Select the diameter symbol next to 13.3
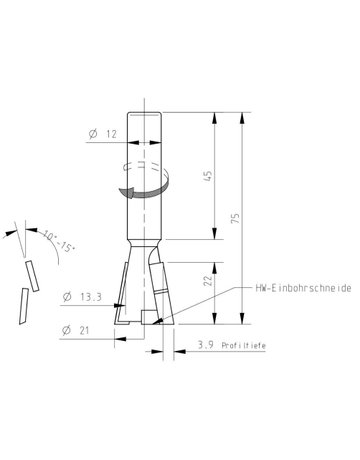pyautogui.click(x=67, y=296)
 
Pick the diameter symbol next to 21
pyautogui.click(x=67, y=330)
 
